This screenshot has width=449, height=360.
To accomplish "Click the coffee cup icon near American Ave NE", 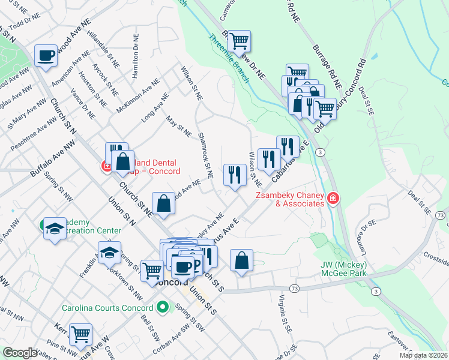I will coord(46,56).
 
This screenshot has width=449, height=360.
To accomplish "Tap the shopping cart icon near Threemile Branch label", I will coord(240,41).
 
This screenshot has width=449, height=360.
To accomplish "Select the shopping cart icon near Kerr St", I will coord(80,334).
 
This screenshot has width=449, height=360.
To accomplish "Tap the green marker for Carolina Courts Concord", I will coord(161,308).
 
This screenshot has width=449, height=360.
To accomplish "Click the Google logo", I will coord(20,353).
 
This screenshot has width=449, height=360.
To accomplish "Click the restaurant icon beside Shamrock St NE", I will coord(234,175).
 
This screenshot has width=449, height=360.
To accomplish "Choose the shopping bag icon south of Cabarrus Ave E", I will coord(241,260).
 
